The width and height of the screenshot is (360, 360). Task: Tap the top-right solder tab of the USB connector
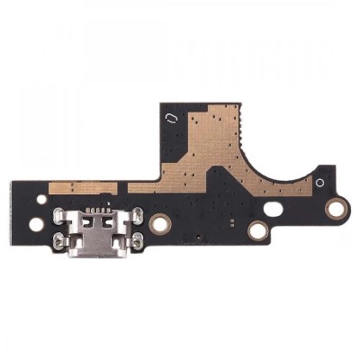[138, 213]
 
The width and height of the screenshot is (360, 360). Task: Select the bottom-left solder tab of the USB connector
[60, 238]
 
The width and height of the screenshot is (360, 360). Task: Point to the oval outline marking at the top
[170, 118]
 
